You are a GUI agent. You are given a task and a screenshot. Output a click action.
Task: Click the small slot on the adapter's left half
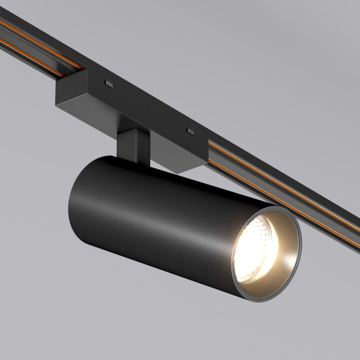pos(109,81)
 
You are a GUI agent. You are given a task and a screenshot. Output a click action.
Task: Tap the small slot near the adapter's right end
pos(190,130)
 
